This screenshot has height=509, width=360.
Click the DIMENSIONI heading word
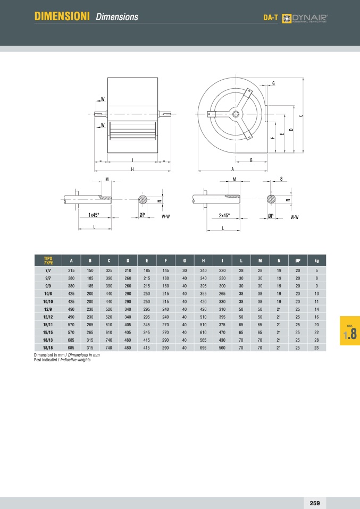pos(62,16)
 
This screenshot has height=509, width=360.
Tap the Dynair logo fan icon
pos(286,19)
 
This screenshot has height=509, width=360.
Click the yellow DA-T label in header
pos(271,18)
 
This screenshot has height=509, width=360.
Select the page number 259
pos(314,503)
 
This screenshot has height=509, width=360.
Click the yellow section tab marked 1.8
pos(350,330)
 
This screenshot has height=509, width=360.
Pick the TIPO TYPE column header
pos(48,260)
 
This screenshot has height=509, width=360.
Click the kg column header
pos(317,261)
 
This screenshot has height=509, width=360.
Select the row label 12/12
pos(48,317)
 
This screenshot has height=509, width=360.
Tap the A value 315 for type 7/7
pos(71,270)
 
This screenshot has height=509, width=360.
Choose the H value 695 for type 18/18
pos(203,348)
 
